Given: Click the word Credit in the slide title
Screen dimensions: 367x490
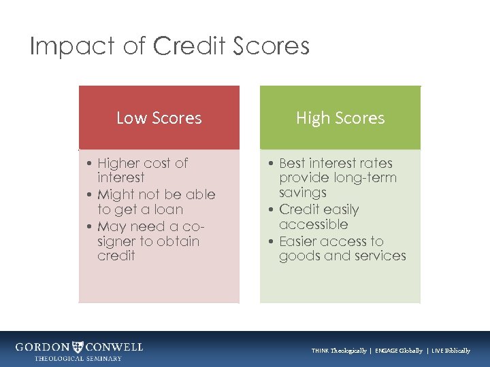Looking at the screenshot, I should [189, 46].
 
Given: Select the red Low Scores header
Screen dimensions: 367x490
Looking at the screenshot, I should [159, 118].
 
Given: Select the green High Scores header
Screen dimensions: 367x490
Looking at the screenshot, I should [340, 118].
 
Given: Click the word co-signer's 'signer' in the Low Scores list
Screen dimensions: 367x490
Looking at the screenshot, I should [118, 241].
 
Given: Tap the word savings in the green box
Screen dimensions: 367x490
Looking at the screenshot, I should [302, 193].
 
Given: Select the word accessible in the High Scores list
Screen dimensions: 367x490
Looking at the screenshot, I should [313, 224].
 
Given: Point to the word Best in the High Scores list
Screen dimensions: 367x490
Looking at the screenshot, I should [292, 163].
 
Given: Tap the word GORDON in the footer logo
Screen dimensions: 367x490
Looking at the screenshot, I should [42, 347].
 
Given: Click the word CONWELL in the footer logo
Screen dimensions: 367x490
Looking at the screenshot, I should [114, 347].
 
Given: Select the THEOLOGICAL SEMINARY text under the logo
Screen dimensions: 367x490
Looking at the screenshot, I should [78, 358].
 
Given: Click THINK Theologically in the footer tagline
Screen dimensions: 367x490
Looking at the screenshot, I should [339, 351].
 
